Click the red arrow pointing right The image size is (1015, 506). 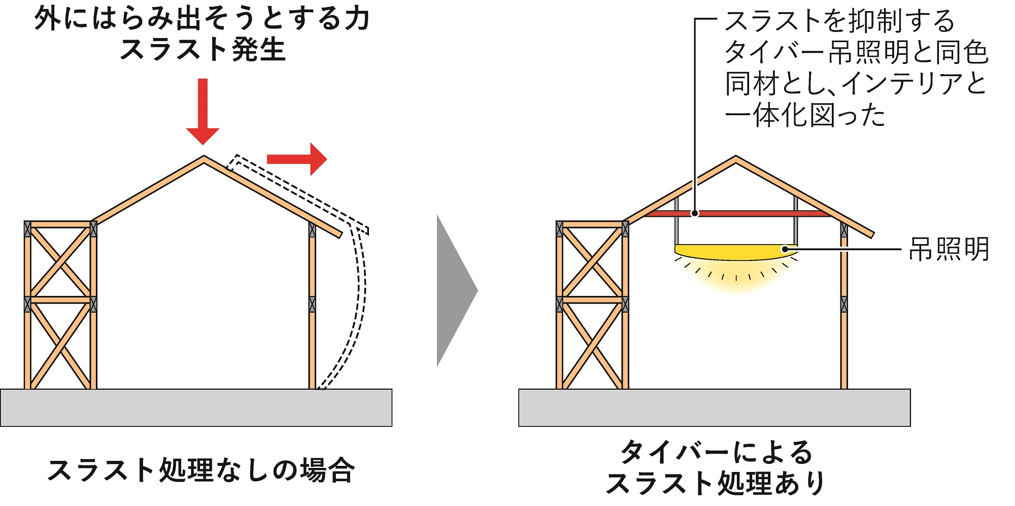296,159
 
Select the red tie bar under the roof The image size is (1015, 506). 751,214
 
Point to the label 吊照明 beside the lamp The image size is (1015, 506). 948,249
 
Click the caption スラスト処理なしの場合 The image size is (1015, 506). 201,470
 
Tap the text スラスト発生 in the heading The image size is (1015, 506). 203,50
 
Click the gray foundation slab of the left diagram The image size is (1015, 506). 196,408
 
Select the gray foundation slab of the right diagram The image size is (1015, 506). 714,408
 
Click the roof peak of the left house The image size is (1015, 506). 204,158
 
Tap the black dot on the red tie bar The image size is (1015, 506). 695,214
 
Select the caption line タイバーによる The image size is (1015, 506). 717,452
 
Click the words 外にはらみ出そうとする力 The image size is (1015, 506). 202,19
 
